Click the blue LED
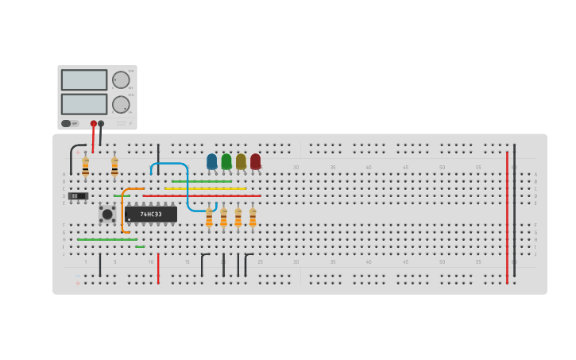[x=211, y=161]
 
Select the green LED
[x=226, y=161]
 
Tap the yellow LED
[x=241, y=161]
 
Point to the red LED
[x=255, y=161]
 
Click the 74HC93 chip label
[x=151, y=214]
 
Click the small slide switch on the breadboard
[x=78, y=195]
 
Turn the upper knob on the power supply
[x=121, y=79]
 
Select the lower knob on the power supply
[x=121, y=104]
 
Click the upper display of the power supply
[x=84, y=79]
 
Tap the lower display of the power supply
[x=84, y=104]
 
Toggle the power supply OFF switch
[x=71, y=123]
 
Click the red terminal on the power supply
[x=93, y=123]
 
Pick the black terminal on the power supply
[x=101, y=123]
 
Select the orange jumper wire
[x=122, y=211]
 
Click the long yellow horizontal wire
[x=207, y=188]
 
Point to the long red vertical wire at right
[x=507, y=215]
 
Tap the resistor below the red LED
[x=253, y=217]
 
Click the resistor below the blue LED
[x=209, y=217]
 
